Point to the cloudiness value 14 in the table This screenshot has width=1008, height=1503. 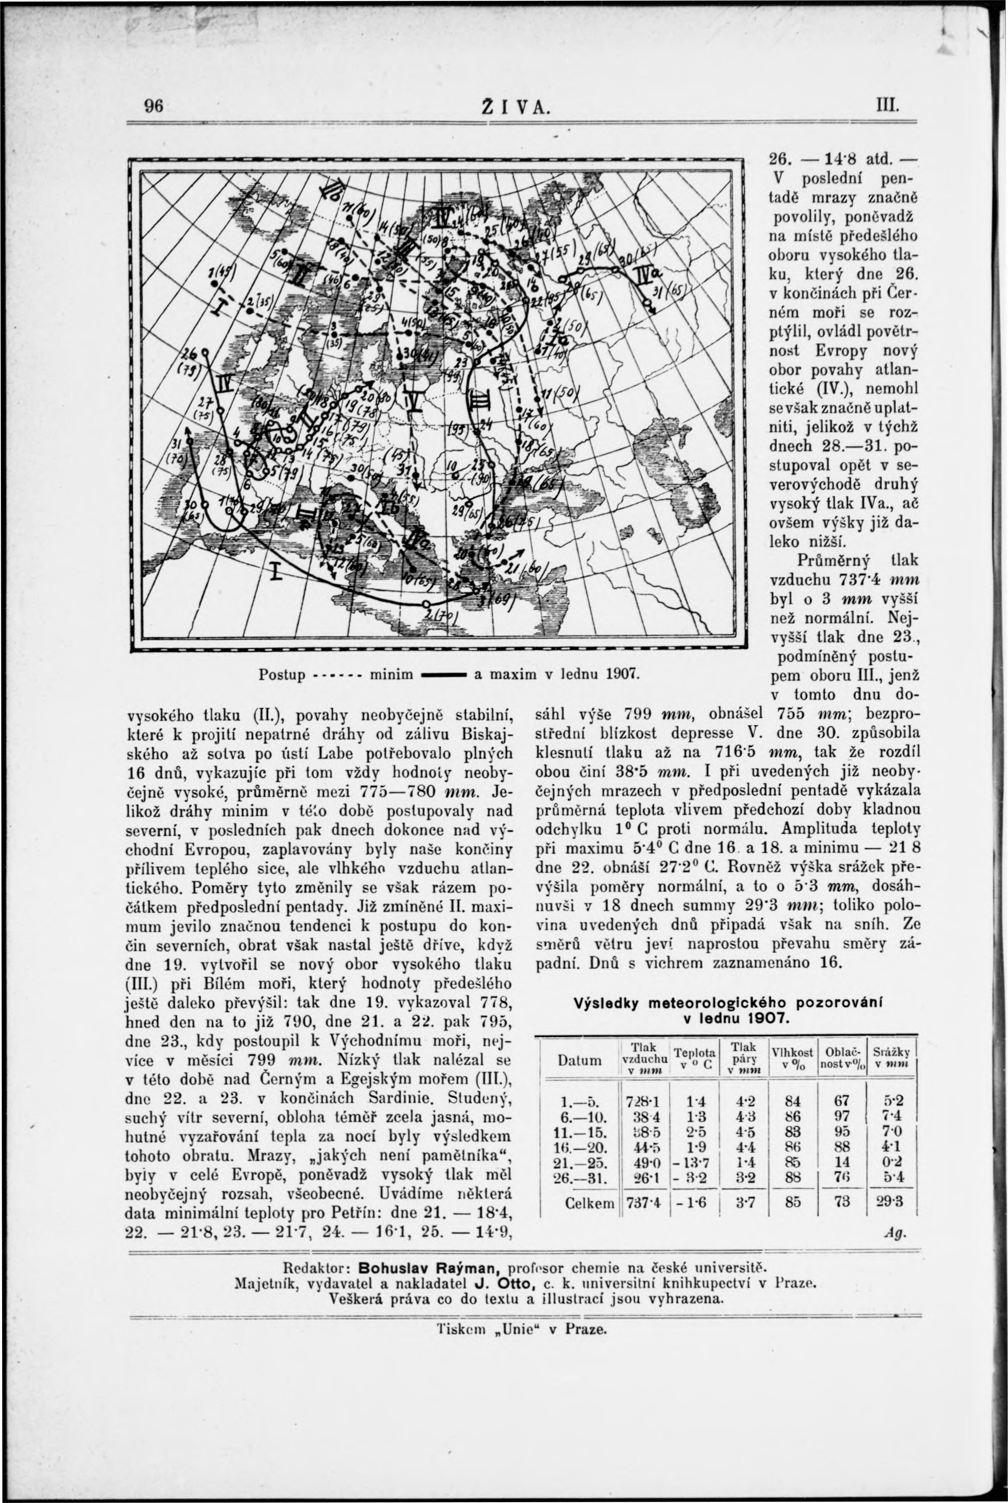[x=842, y=1162]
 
